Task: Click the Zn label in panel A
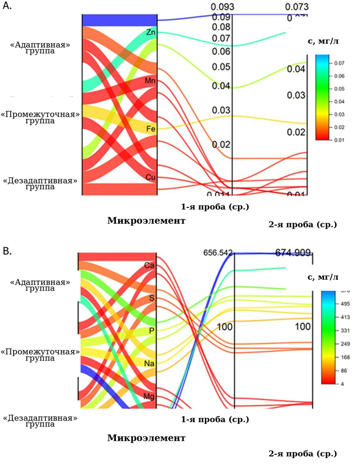pos(150,33)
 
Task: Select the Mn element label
pos(150,81)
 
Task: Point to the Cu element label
pos(151,178)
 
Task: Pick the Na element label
pos(149,363)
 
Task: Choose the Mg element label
pos(149,395)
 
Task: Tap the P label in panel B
pos(151,331)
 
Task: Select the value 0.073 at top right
pos(296,7)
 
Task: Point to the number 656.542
pos(218,253)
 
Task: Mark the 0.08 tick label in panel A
pos(221,27)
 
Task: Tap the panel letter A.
pos(7,8)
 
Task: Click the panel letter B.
pos(7,251)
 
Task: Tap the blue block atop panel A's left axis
pos(120,20)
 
